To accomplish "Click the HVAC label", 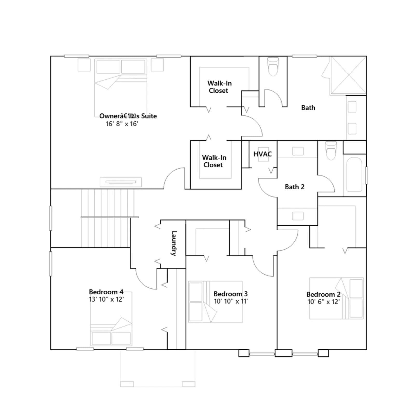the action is coord(262,154).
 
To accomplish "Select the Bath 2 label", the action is coord(294,187).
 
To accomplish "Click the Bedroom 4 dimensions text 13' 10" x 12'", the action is coord(106,299).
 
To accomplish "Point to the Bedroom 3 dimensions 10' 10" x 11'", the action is coord(231,301).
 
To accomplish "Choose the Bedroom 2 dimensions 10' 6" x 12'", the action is coord(323,302).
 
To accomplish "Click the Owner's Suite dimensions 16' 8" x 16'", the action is coord(122,124).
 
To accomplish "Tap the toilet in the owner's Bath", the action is coord(273,66).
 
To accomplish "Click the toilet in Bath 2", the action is coord(331,151).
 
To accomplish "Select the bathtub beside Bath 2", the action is coord(354,175).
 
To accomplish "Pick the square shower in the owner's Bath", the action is coord(348,75).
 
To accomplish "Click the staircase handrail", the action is coord(110,217).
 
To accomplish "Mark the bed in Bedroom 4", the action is coord(111,319).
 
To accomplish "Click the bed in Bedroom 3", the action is coord(215,302).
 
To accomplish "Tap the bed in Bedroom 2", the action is coord(336,298).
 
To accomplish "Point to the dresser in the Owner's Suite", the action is coord(121,182).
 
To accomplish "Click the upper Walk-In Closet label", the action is coord(219,87).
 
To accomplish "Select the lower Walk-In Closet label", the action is coord(214,161).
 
